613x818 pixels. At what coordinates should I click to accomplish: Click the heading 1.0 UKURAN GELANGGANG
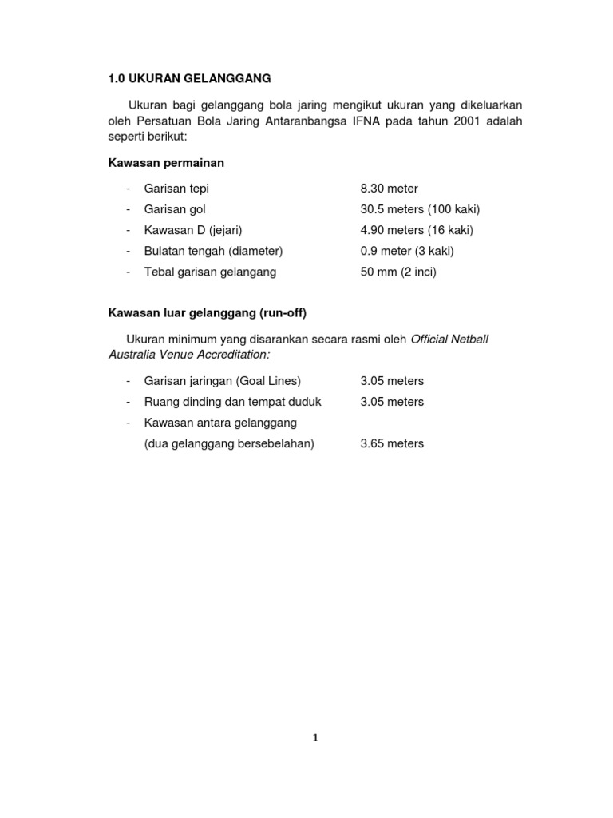point(190,78)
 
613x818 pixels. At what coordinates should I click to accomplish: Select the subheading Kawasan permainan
point(166,162)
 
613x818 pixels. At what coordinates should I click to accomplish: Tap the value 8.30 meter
point(390,189)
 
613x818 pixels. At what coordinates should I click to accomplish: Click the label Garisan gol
point(175,209)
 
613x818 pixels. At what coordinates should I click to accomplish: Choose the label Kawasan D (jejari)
point(193,230)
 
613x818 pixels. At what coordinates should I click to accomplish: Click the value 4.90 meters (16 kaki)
point(417,230)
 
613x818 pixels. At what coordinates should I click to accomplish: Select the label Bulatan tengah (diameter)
point(213,251)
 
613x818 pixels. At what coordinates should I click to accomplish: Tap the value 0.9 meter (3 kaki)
point(408,251)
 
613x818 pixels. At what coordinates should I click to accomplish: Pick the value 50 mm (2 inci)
point(398,272)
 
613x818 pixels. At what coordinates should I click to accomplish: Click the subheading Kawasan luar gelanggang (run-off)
point(208,312)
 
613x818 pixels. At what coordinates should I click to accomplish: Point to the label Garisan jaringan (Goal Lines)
point(223,381)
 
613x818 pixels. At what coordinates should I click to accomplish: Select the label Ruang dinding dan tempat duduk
point(232,402)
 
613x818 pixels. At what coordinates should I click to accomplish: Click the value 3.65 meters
point(392,443)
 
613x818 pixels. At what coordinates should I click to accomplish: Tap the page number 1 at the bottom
point(315,738)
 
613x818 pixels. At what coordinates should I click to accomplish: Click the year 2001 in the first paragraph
point(463,121)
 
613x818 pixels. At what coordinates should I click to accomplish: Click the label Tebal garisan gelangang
point(210,272)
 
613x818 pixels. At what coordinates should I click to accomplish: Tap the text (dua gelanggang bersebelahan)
point(229,443)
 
